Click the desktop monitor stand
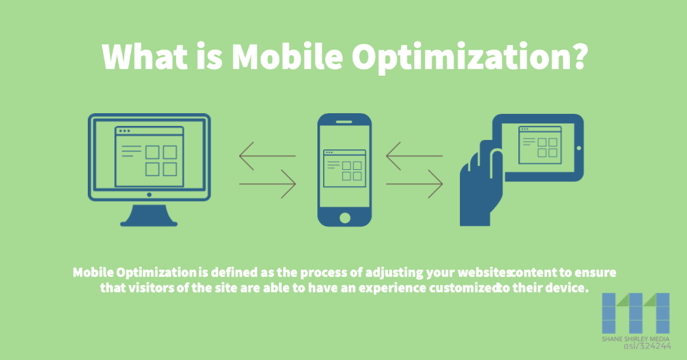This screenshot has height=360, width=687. (149, 214)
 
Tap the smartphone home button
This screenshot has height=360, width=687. (344, 217)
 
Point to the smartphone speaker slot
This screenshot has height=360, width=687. (344, 120)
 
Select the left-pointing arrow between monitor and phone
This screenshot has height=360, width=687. (267, 156)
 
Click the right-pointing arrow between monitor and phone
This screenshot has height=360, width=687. (267, 184)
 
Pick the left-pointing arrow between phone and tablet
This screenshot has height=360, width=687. (414, 156)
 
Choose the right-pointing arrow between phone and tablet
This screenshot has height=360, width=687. (414, 184)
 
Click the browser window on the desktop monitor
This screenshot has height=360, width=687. (149, 156)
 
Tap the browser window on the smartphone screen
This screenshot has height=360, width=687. (344, 168)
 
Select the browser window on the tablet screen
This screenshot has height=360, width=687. (539, 145)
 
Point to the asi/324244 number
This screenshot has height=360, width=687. (634, 347)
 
